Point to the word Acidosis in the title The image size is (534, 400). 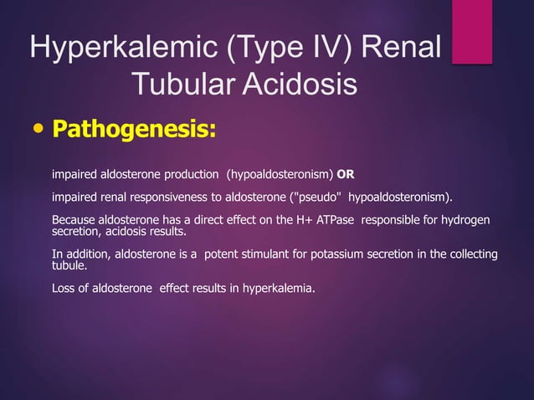click(299, 85)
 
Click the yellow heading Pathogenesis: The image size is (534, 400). click(134, 131)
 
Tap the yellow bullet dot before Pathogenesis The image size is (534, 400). click(37, 131)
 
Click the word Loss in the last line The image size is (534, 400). click(64, 289)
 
